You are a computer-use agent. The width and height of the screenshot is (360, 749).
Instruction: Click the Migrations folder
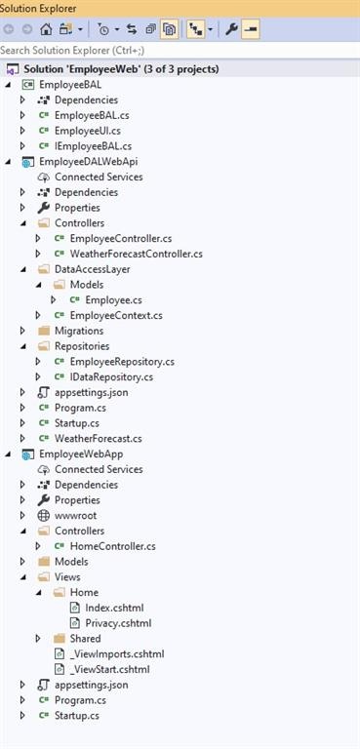79,331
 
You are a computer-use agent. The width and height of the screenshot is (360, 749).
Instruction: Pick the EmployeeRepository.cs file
122,361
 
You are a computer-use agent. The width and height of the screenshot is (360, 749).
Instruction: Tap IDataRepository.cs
111,376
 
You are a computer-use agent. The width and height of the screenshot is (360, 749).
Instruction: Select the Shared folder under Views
85,638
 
